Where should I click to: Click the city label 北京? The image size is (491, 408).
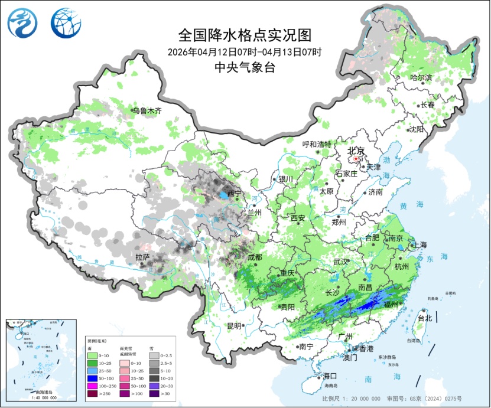356,151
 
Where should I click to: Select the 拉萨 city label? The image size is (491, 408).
142,257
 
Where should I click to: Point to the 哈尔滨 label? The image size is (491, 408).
421,77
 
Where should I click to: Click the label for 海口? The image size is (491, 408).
329,376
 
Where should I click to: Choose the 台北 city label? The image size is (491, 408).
425,318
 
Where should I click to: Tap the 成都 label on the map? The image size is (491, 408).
255,257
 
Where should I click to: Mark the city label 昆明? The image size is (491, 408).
233,326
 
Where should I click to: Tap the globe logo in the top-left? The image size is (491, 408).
63,22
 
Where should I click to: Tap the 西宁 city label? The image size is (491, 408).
234,194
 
